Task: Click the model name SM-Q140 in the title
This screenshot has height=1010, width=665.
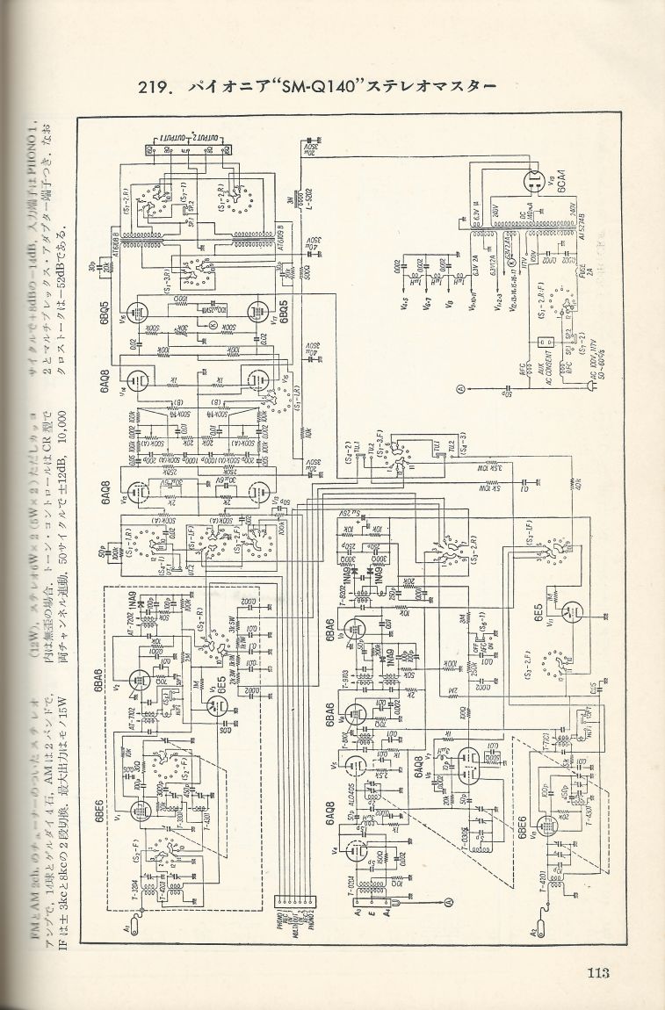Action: tap(315, 88)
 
